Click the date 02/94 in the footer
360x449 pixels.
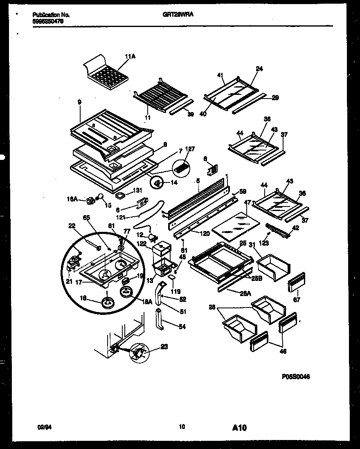pos(42,427)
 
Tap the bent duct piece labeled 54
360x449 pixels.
pos(160,320)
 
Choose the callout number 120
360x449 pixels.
pos(205,233)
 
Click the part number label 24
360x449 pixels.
pos(259,69)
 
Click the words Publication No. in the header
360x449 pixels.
pos(51,15)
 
